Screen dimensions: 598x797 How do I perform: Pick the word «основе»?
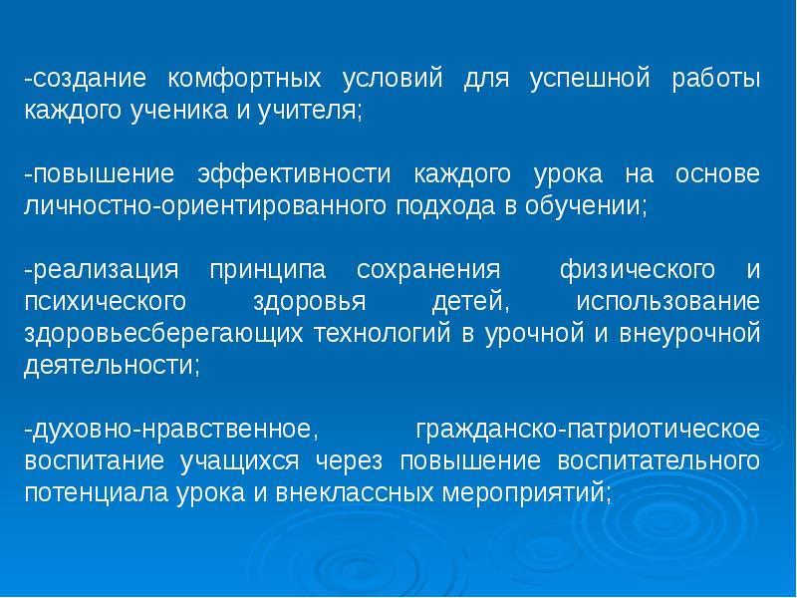[x=717, y=174]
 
